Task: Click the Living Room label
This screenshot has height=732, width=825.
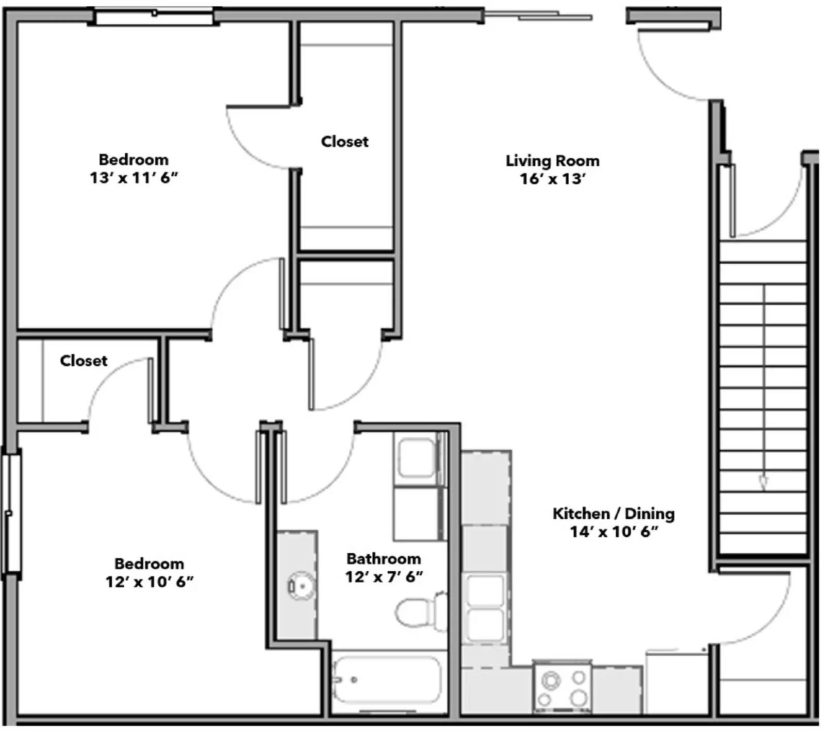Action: pyautogui.click(x=552, y=161)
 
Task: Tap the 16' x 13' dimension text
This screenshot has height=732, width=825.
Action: pyautogui.click(x=552, y=179)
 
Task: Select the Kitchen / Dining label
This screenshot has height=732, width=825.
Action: pyautogui.click(x=613, y=514)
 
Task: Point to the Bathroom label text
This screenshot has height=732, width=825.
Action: pyautogui.click(x=384, y=558)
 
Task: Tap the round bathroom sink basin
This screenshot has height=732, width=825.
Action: pyautogui.click(x=302, y=586)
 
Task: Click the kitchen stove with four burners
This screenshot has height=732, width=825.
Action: pyautogui.click(x=562, y=689)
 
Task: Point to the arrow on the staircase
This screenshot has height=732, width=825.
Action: pyautogui.click(x=764, y=482)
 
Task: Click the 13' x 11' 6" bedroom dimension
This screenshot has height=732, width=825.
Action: pyautogui.click(x=134, y=178)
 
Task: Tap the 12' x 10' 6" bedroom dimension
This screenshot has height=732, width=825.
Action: pyautogui.click(x=150, y=582)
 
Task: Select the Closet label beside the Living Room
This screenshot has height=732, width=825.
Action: pyautogui.click(x=344, y=142)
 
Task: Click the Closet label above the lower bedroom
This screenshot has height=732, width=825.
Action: pyautogui.click(x=84, y=361)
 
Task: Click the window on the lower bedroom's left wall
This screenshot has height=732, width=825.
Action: pyautogui.click(x=11, y=513)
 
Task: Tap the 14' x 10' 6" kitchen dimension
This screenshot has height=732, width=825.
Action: pyautogui.click(x=613, y=532)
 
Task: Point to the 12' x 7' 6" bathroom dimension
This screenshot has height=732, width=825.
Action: pyautogui.click(x=384, y=576)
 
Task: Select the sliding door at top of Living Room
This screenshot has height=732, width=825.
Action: pyautogui.click(x=539, y=16)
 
